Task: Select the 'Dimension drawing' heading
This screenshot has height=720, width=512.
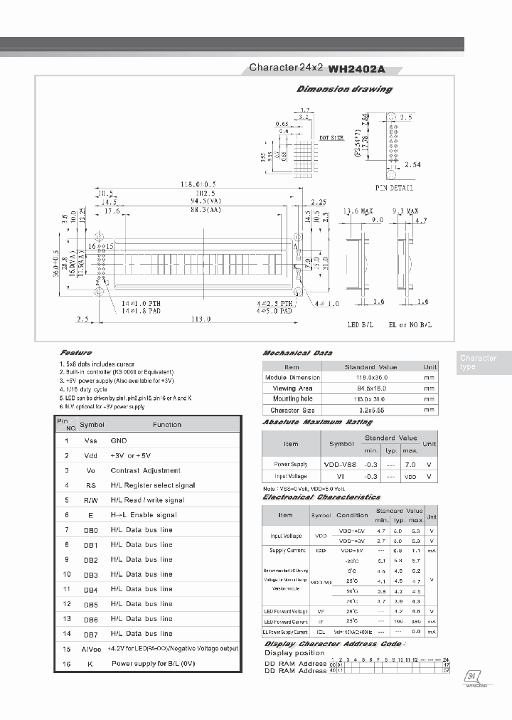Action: tap(344, 89)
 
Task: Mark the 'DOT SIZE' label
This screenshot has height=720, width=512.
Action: tap(331, 137)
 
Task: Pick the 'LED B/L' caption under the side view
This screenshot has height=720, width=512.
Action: tap(360, 324)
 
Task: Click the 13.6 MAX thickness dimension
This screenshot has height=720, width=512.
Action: tap(358, 211)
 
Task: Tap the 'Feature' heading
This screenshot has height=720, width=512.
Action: tap(76, 353)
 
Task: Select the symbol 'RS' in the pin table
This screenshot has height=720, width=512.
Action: tap(91, 485)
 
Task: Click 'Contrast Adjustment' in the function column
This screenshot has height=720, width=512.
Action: tap(145, 470)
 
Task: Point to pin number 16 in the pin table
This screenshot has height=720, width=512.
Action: tap(66, 664)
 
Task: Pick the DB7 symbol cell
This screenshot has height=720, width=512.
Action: tap(90, 633)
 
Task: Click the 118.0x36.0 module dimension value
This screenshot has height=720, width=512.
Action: tap(370, 378)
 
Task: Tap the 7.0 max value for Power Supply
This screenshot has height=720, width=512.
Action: tap(410, 463)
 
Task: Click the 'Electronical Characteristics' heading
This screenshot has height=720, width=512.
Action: tap(321, 497)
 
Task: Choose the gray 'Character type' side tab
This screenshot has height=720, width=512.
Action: tap(482, 362)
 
